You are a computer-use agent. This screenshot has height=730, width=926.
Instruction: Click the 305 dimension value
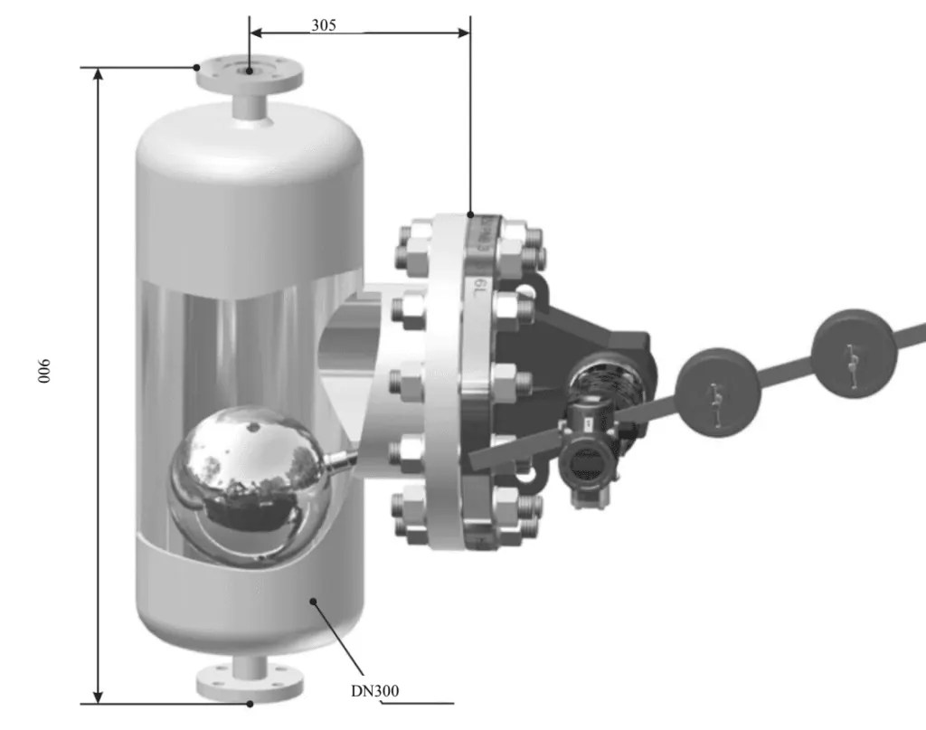324,25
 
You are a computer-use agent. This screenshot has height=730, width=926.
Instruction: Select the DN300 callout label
375,691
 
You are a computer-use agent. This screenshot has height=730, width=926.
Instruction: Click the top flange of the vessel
250,72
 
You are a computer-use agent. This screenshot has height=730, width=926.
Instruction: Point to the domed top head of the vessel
250,145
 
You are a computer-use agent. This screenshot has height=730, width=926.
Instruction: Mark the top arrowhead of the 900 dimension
99,75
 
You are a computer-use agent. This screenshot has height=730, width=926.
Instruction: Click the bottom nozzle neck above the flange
250,665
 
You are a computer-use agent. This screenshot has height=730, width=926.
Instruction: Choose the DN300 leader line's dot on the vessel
313,600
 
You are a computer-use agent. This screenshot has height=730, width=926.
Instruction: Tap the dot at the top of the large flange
470,215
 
